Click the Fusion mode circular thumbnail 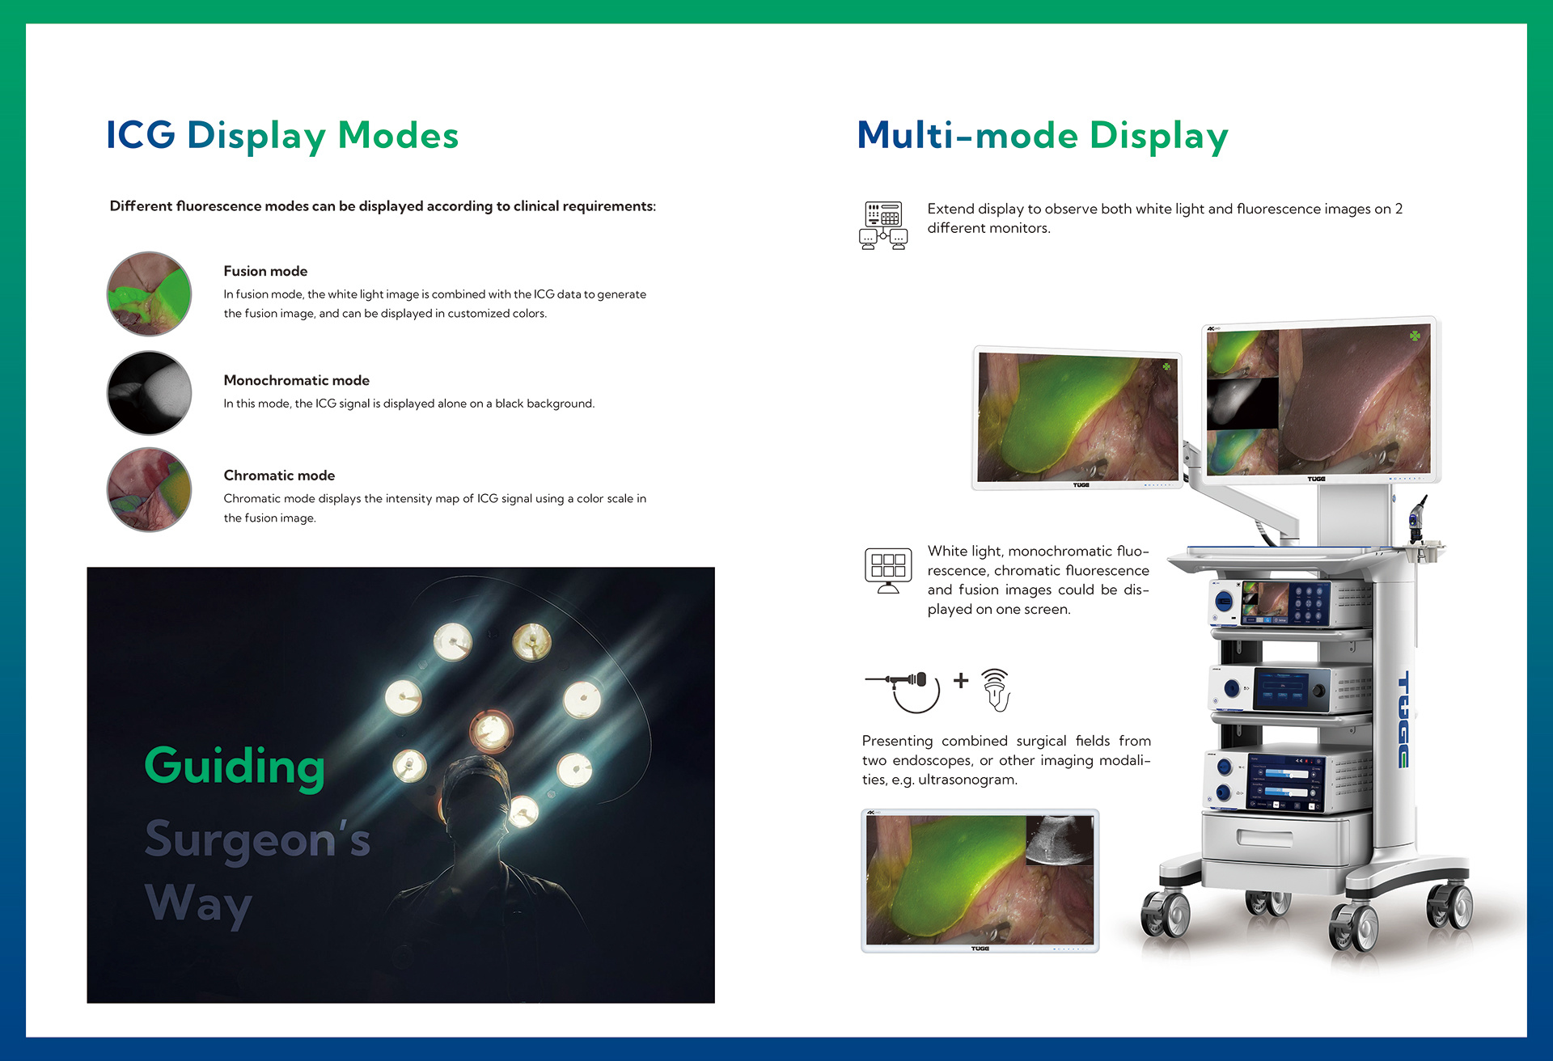(x=150, y=294)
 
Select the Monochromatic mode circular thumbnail (x=150, y=393)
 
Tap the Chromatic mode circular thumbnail (x=150, y=489)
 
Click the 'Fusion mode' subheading (x=265, y=271)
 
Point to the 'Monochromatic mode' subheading (x=296, y=380)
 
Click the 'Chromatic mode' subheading (x=279, y=476)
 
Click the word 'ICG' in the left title (x=141, y=135)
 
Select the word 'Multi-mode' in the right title (x=967, y=135)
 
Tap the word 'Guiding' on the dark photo (x=235, y=767)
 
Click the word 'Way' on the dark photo (x=199, y=904)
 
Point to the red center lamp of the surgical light (x=491, y=730)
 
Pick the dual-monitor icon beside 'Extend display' (x=883, y=226)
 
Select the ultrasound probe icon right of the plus (x=997, y=690)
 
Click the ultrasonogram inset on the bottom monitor (x=1060, y=841)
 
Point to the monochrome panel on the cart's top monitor (x=1242, y=403)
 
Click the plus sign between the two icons (x=961, y=680)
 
